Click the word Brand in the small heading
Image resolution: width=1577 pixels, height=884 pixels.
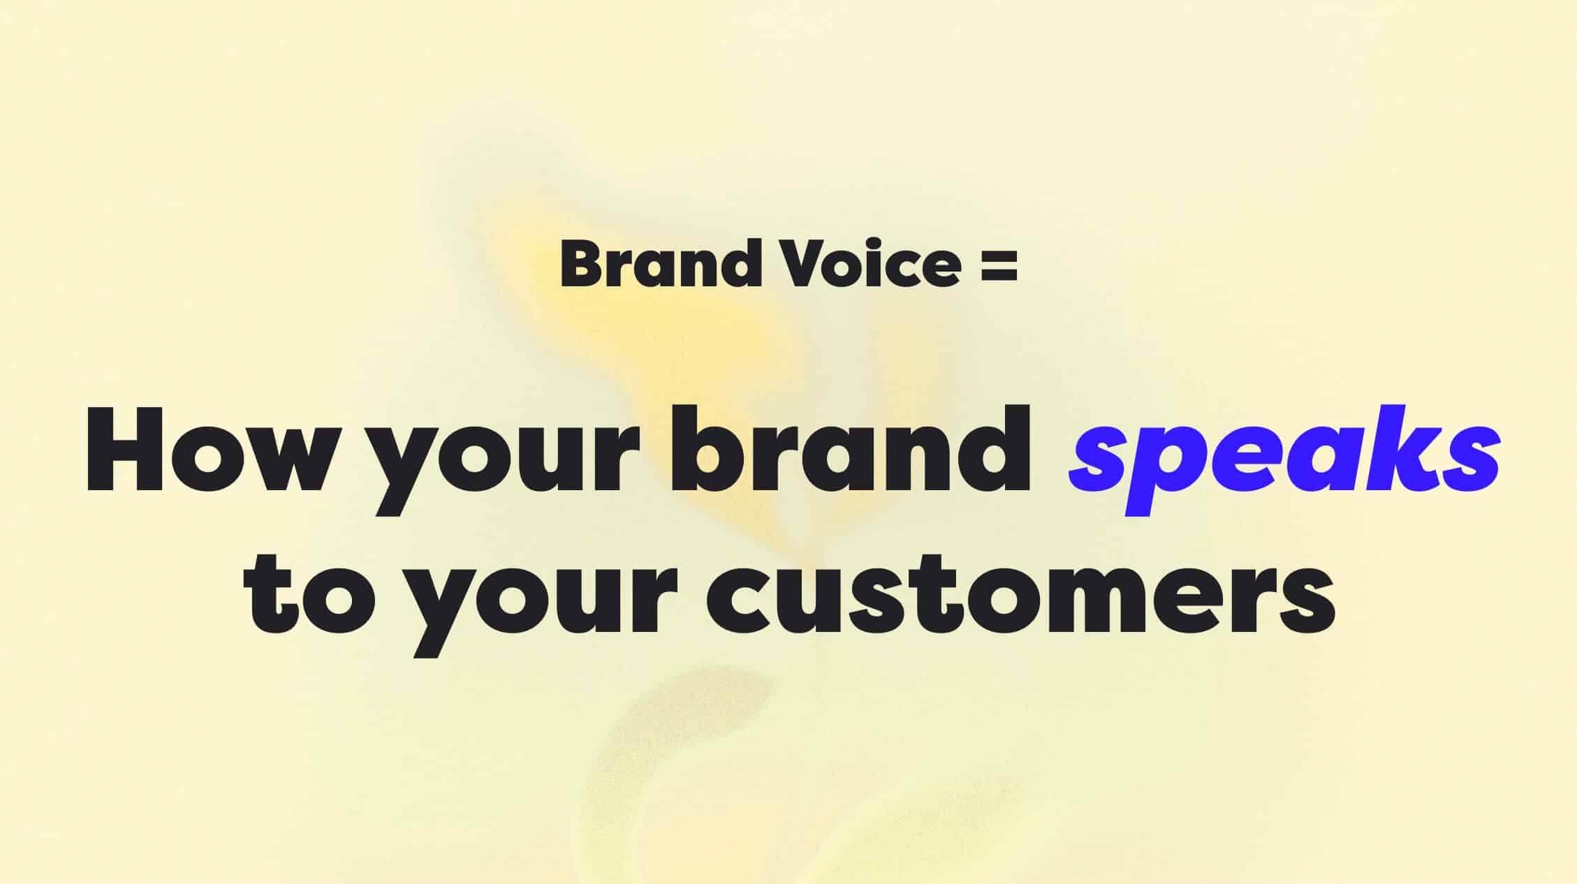click(x=660, y=263)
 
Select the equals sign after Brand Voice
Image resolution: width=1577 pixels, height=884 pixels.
click(x=999, y=266)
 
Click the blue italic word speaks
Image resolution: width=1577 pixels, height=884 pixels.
click(x=1284, y=457)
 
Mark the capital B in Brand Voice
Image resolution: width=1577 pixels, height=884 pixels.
click(x=582, y=263)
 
